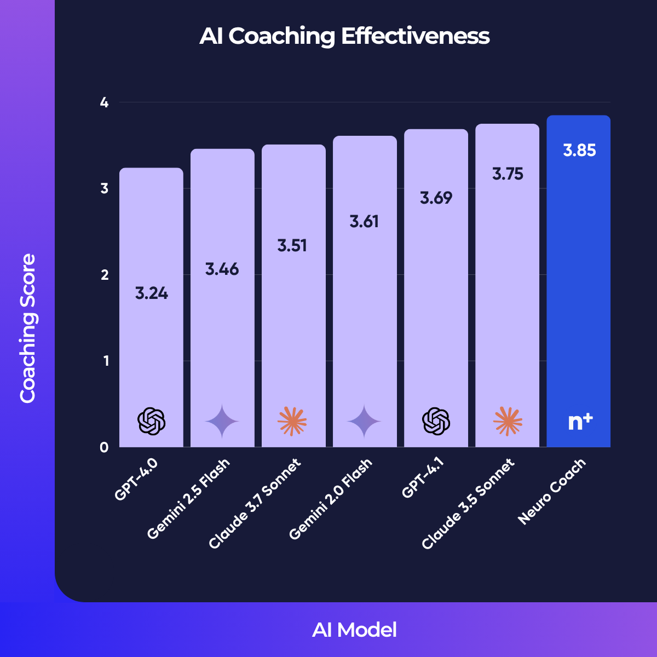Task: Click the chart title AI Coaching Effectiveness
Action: pyautogui.click(x=344, y=36)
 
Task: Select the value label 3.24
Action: pyautogui.click(x=152, y=293)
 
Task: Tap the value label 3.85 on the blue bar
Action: pyautogui.click(x=579, y=151)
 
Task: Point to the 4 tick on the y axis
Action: pyautogui.click(x=105, y=102)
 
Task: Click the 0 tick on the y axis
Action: pyautogui.click(x=105, y=447)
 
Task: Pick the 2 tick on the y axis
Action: pyautogui.click(x=105, y=275)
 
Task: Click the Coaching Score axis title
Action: pyautogui.click(x=27, y=328)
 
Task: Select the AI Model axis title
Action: pyautogui.click(x=354, y=630)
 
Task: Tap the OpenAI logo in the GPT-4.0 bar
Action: pyautogui.click(x=152, y=422)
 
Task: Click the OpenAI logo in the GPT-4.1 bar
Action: pyautogui.click(x=436, y=422)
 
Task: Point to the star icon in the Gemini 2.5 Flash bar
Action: pyautogui.click(x=222, y=422)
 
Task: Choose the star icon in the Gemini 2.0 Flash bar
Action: pyautogui.click(x=365, y=422)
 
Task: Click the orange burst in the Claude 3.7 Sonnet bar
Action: pyautogui.click(x=292, y=422)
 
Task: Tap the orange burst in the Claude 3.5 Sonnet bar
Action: pyautogui.click(x=508, y=422)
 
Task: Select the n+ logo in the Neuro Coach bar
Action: pyautogui.click(x=580, y=422)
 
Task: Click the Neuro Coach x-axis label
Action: pyautogui.click(x=552, y=491)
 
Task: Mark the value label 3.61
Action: pyautogui.click(x=365, y=222)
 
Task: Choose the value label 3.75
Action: pyautogui.click(x=508, y=174)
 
